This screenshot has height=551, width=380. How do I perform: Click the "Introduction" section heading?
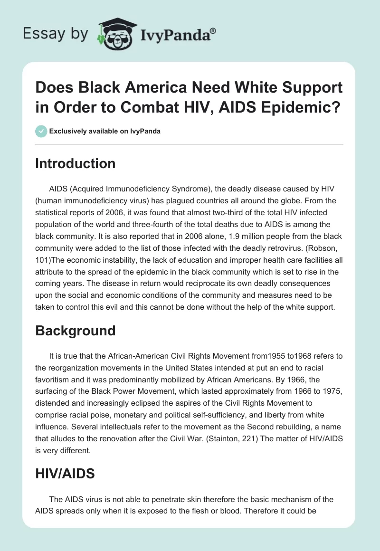coord(76,163)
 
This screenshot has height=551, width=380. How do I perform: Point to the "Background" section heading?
coord(76,331)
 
